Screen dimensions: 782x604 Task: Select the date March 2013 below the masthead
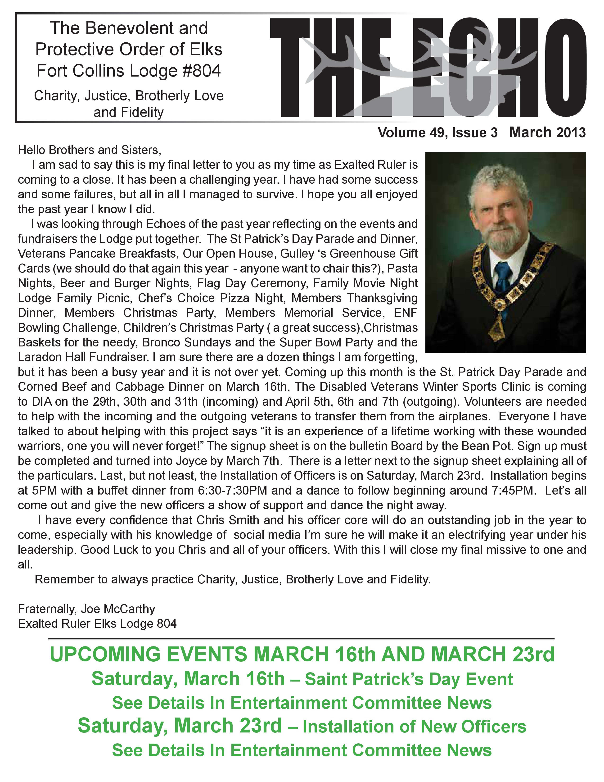(547, 132)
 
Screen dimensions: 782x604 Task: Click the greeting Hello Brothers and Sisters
(90, 150)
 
